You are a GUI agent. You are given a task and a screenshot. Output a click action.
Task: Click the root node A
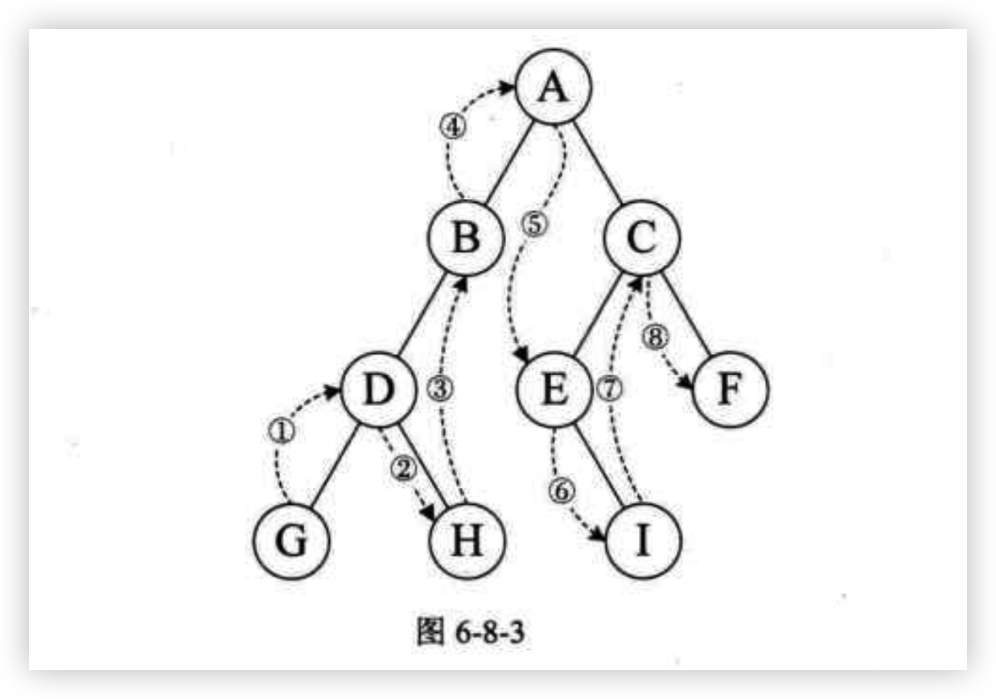[x=553, y=87]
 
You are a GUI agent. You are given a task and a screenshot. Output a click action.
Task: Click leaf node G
[x=290, y=541]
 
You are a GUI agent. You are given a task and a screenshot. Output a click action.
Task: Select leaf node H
[x=467, y=541]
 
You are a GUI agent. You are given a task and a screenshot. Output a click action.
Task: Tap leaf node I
[x=642, y=541]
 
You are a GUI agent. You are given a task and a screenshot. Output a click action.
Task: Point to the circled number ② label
[x=403, y=466]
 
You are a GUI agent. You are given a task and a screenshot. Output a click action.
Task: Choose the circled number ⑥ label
[x=561, y=488]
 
